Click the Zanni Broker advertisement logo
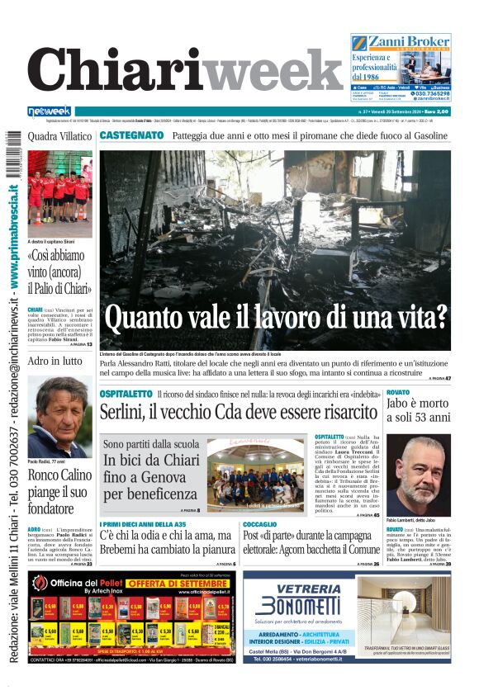pyautogui.click(x=401, y=42)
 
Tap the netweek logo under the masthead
pyautogui.click(x=50, y=111)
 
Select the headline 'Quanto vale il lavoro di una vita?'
pyautogui.click(x=276, y=317)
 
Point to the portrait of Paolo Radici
pyautogui.click(x=59, y=416)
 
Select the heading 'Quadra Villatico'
pyautogui.click(x=59, y=135)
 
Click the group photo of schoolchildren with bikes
pyautogui.click(x=256, y=477)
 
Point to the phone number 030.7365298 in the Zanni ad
pyautogui.click(x=426, y=94)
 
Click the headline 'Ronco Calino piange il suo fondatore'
pyautogui.click(x=59, y=494)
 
